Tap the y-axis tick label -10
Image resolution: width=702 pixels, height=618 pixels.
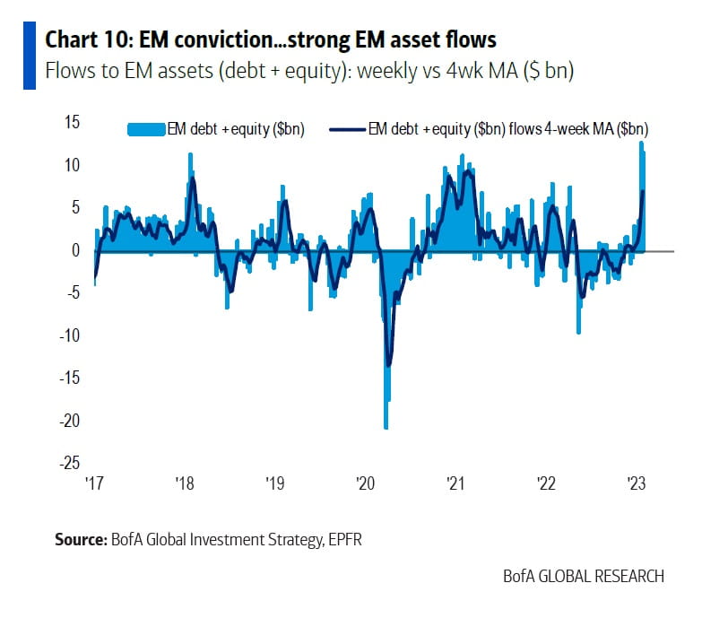72,335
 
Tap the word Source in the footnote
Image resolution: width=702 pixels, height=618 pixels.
81,539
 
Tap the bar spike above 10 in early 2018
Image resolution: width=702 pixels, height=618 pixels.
190,161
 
